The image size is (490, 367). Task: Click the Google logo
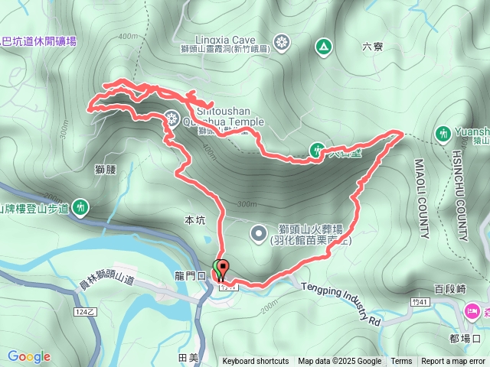[x=28, y=356]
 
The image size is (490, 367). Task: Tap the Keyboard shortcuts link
[x=256, y=362]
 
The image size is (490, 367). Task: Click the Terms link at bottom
[x=401, y=362]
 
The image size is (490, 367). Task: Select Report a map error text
[x=454, y=362]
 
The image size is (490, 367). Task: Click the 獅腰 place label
[x=106, y=168]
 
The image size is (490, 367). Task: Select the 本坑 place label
[x=195, y=220]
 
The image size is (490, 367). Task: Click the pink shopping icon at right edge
[x=472, y=311]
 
